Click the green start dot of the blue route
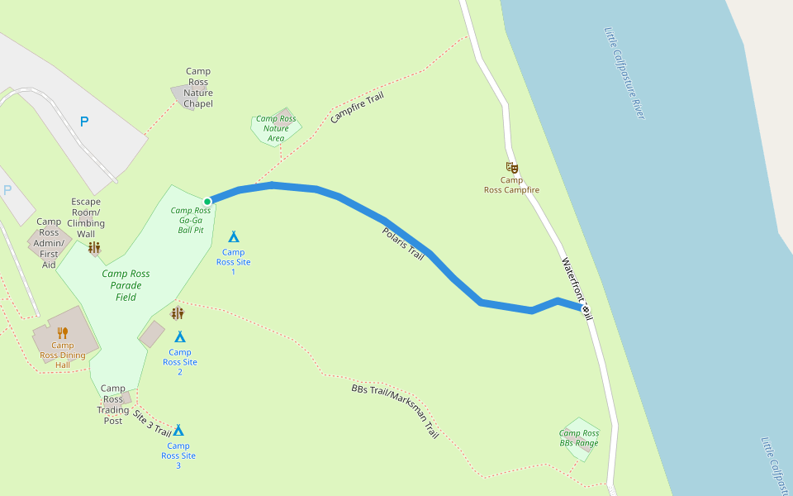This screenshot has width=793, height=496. [207, 201]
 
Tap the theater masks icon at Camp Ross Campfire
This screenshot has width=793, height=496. [511, 168]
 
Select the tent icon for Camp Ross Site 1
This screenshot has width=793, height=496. [234, 237]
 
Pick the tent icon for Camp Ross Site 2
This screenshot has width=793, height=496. [180, 336]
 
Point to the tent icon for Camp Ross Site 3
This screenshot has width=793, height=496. [178, 430]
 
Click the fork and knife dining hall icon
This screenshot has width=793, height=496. [62, 333]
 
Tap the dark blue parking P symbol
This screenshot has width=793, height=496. [83, 122]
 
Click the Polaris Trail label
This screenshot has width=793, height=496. [403, 245]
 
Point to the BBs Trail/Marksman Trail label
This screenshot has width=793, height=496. [395, 411]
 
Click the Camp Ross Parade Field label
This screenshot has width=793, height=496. [126, 285]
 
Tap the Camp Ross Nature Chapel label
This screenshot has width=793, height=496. [198, 88]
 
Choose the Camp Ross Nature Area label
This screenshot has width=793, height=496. [276, 128]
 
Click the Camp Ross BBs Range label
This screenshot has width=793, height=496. [579, 438]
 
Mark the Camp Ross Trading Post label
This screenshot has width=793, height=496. [113, 404]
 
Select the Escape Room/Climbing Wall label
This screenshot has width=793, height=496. [86, 217]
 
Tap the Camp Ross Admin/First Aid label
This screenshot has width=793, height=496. [49, 243]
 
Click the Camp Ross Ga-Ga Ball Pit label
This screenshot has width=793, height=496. [191, 220]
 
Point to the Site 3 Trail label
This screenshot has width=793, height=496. [151, 422]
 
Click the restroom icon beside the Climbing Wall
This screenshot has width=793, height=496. [94, 247]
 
